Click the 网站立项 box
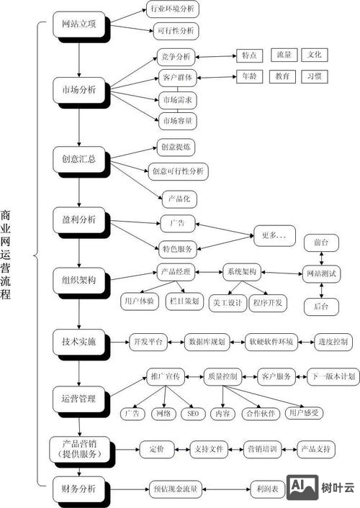coord(79,24)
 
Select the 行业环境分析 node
coord(172,9)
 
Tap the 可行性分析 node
coord(173,31)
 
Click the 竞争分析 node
coord(175,56)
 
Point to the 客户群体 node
coord(176,76)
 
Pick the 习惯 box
coord(314,75)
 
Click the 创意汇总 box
coord(79,158)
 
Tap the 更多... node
coord(274,235)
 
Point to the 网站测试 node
coord(321,274)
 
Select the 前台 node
coord(321,242)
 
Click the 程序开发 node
coord(268,303)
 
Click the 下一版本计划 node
coord(332,376)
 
